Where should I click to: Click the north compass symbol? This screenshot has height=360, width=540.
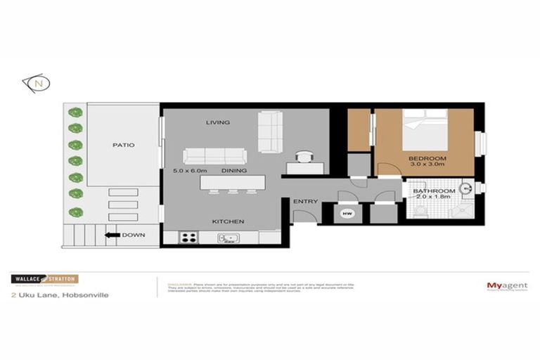tap(37, 83)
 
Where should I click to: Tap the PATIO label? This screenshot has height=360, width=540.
tap(123, 146)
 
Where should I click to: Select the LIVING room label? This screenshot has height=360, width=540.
tap(218, 122)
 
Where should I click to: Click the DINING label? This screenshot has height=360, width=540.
tap(233, 171)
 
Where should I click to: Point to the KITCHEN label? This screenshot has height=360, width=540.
tap(229, 222)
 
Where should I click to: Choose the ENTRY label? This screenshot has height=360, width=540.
tap(306, 202)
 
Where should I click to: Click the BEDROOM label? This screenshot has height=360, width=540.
tap(427, 158)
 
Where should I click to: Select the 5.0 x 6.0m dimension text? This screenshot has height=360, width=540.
tap(187, 171)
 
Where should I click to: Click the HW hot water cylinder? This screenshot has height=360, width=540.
tap(346, 213)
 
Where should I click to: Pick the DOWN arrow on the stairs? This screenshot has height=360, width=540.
tap(110, 236)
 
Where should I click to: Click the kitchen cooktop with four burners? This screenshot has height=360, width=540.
tap(189, 237)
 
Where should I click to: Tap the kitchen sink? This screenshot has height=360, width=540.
tap(229, 238)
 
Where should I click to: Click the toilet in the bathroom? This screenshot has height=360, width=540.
tap(421, 209)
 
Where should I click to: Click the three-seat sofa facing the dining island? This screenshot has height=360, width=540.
tap(215, 156)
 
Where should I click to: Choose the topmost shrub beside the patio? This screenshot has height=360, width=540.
tap(74, 112)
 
